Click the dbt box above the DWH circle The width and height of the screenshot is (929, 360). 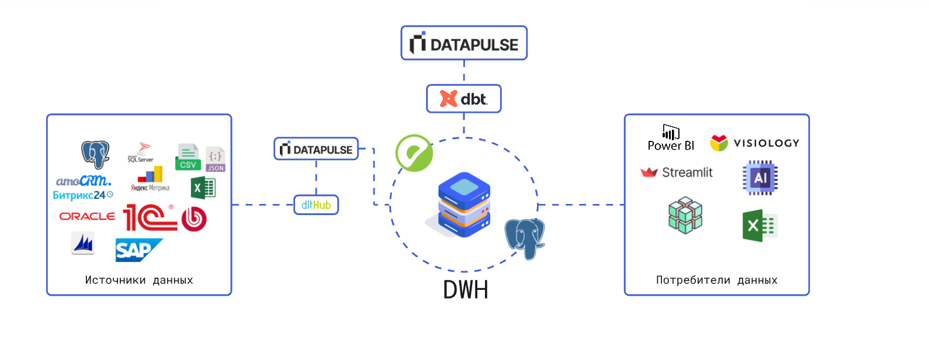(x=464, y=99)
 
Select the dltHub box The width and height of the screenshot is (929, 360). (x=316, y=205)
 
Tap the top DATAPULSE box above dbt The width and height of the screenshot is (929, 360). (x=464, y=43)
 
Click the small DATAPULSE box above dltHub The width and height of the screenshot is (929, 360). (x=316, y=149)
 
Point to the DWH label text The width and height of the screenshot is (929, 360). (x=465, y=290)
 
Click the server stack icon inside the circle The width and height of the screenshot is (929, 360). (x=464, y=204)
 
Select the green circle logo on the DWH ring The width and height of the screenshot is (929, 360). (x=414, y=153)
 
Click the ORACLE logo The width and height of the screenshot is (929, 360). (x=87, y=216)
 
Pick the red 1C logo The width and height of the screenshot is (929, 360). (x=150, y=217)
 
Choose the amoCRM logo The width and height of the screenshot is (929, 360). (x=84, y=181)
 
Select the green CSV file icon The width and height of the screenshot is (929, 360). (x=188, y=157)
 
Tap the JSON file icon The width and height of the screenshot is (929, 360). (x=215, y=159)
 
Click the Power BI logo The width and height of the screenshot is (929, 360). (x=671, y=139)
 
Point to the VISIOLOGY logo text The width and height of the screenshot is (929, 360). (x=766, y=143)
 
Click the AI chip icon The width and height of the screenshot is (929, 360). (x=760, y=178)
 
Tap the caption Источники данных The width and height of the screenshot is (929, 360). (x=139, y=280)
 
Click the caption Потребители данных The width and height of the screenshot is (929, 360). (x=716, y=280)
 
